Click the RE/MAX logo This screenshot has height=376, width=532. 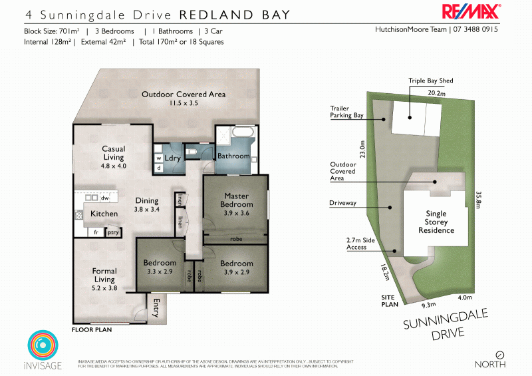pyautogui.click(x=471, y=12)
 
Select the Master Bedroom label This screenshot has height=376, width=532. pyautogui.click(x=236, y=200)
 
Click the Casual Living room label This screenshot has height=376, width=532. pyautogui.click(x=114, y=152)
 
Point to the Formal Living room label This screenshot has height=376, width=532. pyautogui.click(x=104, y=275)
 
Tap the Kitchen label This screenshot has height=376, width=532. pyautogui.click(x=104, y=214)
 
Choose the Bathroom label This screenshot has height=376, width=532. pyautogui.click(x=233, y=156)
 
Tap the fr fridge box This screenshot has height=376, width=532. pyautogui.click(x=96, y=232)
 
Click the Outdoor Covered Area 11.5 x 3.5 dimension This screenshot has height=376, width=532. pyautogui.click(x=184, y=103)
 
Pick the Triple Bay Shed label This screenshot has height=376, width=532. pyautogui.click(x=430, y=81)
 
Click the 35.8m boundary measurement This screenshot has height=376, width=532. pyautogui.click(x=478, y=201)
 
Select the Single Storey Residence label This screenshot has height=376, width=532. pyautogui.click(x=436, y=222)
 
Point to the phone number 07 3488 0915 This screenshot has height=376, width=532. pyautogui.click(x=475, y=30)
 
